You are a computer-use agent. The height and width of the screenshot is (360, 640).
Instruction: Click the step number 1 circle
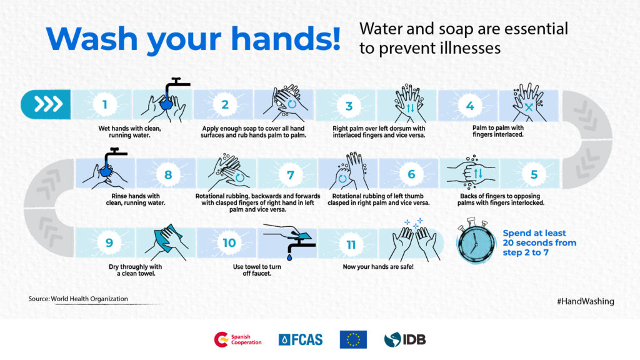104,104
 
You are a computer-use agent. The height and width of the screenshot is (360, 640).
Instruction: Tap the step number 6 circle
411,174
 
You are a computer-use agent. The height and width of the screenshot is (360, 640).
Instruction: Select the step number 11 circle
351,244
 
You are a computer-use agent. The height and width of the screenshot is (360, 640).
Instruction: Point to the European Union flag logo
353,339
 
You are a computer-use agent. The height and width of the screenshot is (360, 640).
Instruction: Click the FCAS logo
301,339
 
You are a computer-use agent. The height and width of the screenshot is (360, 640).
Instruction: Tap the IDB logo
405,339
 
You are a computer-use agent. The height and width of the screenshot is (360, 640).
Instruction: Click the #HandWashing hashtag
585,301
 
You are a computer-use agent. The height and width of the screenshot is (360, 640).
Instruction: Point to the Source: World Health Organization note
78,299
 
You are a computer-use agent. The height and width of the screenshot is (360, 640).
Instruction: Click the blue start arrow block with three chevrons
46,104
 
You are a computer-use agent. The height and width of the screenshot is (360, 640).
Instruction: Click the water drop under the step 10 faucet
289,257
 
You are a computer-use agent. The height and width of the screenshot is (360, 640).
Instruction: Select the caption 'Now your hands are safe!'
378,267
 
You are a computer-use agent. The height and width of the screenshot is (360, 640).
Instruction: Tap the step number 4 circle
470,106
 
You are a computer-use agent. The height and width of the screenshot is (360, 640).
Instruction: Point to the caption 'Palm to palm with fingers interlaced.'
498,131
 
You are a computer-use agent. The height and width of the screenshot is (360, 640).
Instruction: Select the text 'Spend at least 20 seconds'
534,238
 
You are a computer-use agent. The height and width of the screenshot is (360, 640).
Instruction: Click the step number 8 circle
167,175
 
